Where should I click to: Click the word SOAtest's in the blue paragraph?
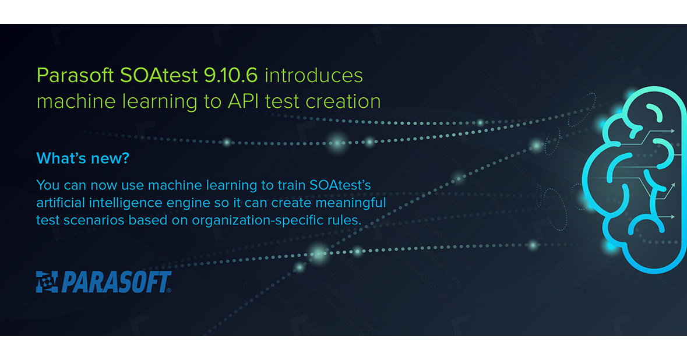pyautogui.click(x=339, y=185)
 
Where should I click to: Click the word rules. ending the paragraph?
pyautogui.click(x=346, y=220)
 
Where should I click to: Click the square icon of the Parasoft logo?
pyautogui.click(x=47, y=281)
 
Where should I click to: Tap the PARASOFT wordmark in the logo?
pyautogui.click(x=114, y=282)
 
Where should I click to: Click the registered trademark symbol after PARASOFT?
pyautogui.click(x=169, y=290)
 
